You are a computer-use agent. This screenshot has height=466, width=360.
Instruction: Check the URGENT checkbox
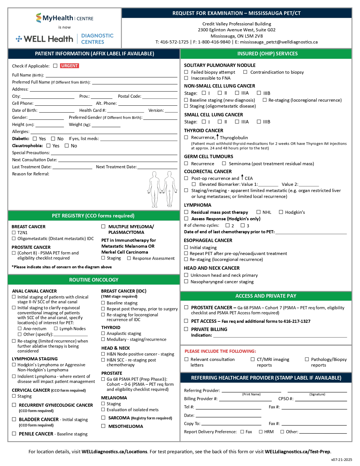55,66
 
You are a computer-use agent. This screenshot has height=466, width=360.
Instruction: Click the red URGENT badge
69,66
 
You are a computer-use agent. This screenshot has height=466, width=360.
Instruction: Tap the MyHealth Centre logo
65,18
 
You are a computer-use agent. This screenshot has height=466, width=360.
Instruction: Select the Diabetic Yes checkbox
35,139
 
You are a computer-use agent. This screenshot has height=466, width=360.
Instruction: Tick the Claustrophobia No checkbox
67,146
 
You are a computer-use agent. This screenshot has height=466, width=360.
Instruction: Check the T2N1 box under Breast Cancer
14,232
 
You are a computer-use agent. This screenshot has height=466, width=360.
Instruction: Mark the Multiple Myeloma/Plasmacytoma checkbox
103,227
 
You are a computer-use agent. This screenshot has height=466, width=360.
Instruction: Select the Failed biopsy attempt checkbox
186,72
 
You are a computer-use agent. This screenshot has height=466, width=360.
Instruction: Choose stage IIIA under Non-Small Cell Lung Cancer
237,93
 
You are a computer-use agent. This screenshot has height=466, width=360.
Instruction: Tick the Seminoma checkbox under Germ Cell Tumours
224,164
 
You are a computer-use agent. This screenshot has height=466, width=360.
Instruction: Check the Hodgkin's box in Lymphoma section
281,212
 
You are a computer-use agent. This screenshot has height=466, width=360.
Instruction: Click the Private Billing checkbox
186,329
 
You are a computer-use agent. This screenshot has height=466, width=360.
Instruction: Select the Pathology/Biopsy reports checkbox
307,359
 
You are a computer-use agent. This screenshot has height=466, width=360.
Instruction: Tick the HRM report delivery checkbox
261,432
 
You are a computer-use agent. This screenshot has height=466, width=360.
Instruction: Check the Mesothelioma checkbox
103,426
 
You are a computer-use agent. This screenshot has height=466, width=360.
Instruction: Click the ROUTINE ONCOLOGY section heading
94,280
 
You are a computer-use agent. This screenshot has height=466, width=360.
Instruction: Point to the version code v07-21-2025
342,460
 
